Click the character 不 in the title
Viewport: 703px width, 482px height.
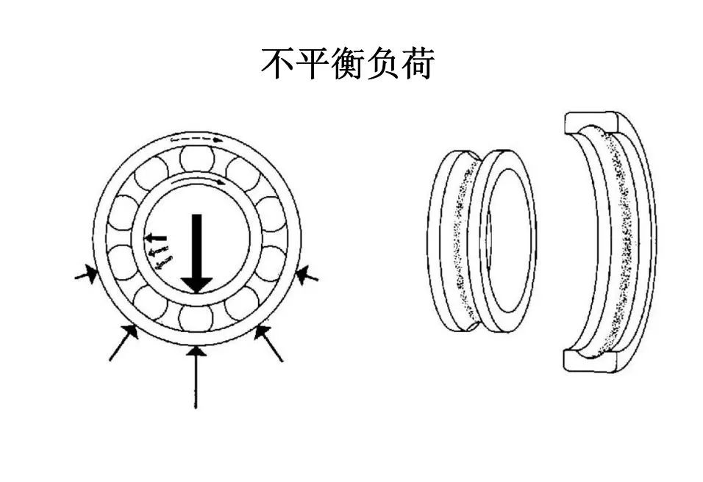click(x=278, y=65)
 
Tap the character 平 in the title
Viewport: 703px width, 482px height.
click(x=313, y=65)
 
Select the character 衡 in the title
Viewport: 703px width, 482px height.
click(x=349, y=65)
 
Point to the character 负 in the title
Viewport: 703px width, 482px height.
click(x=383, y=65)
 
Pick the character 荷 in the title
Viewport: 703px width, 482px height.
click(x=418, y=65)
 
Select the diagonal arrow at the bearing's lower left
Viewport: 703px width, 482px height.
click(x=124, y=342)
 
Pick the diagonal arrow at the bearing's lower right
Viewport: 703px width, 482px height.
click(x=268, y=342)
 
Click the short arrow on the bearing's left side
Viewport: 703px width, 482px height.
click(x=87, y=276)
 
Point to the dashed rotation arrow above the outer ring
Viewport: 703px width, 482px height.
click(x=196, y=138)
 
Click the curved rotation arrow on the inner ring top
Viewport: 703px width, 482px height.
click(x=199, y=179)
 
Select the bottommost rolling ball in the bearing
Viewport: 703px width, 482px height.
click(x=196, y=317)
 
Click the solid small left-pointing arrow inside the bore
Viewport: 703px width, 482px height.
click(x=154, y=238)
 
